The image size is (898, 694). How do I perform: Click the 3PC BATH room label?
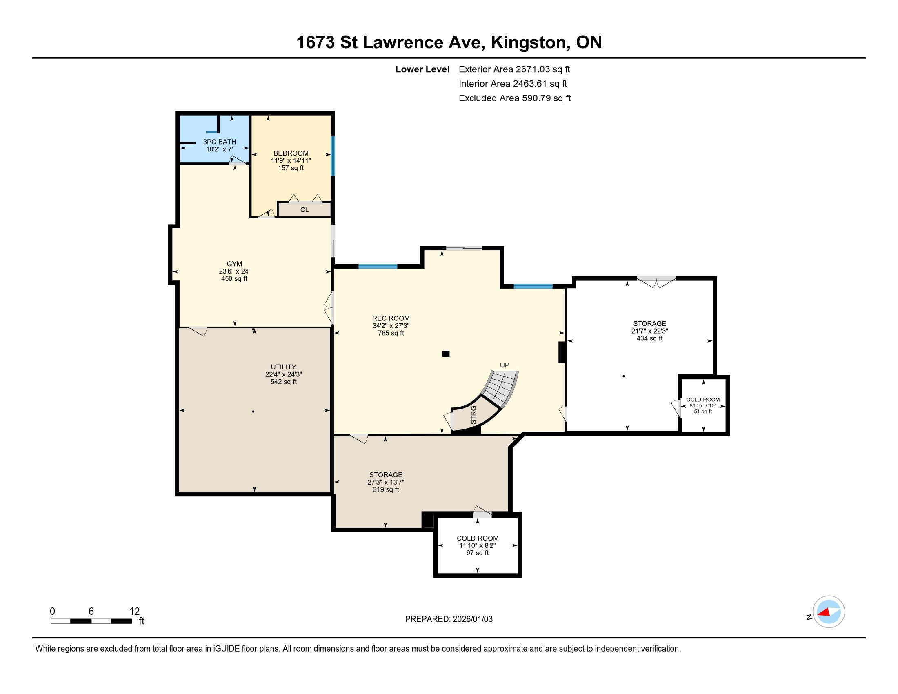[220, 142]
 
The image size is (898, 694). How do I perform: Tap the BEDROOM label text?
[291, 153]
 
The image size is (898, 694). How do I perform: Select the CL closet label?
[304, 210]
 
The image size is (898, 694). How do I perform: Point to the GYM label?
[234, 264]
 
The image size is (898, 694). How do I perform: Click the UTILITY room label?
[283, 367]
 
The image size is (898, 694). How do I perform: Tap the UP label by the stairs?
[505, 365]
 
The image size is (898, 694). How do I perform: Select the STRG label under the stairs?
[473, 415]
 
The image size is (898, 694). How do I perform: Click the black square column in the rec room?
[446, 354]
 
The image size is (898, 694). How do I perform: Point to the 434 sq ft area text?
[650, 338]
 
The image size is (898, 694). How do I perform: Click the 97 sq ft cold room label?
[478, 553]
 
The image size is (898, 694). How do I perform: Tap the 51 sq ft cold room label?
[703, 411]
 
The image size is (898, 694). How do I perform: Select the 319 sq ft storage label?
[386, 489]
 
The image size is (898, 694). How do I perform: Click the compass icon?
[829, 612]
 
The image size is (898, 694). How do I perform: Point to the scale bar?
[91, 621]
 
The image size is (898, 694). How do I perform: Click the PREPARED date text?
[449, 619]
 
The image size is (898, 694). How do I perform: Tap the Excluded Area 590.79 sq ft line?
[515, 98]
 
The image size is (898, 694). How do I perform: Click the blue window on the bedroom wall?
[333, 156]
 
